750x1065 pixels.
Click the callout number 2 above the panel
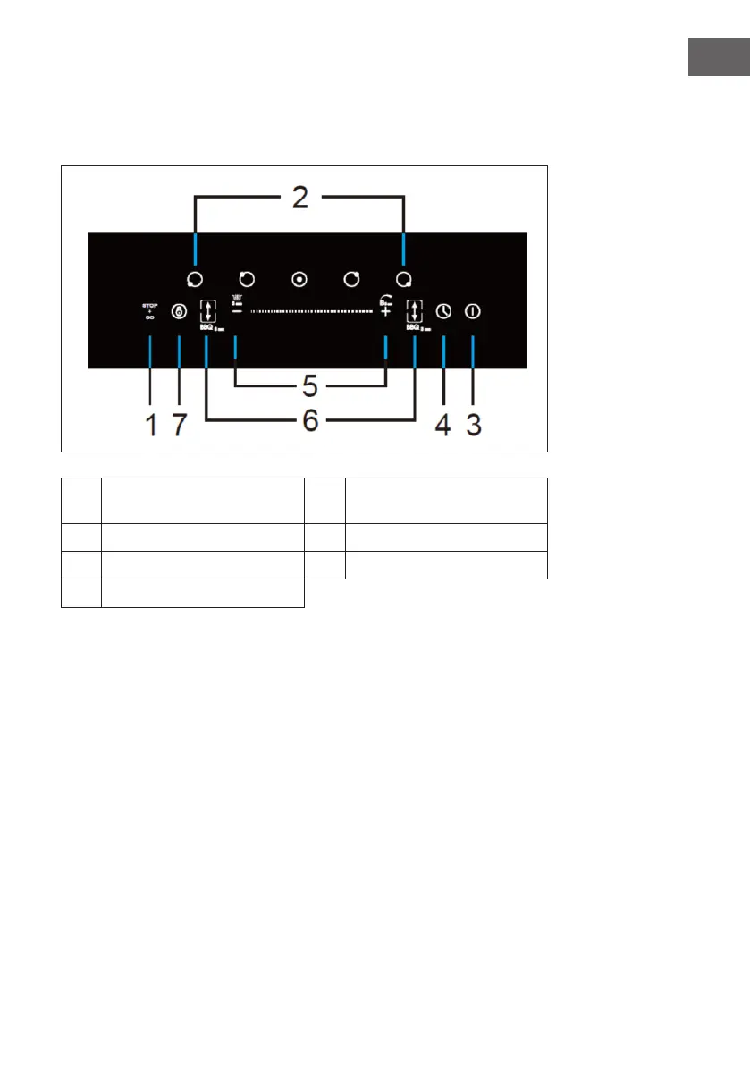coord(299,198)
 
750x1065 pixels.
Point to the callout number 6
coord(310,421)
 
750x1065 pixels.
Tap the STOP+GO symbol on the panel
coord(149,311)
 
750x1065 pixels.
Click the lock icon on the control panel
coord(179,312)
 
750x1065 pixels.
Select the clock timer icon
coord(443,311)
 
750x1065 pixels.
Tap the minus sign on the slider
coord(237,311)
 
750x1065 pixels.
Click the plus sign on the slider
coord(385,311)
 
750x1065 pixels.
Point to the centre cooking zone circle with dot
coord(299,278)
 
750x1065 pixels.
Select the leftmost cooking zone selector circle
coord(195,278)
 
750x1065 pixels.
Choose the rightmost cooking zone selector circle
coord(404,278)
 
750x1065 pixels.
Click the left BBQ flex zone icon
coord(207,312)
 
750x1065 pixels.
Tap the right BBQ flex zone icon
coord(415,312)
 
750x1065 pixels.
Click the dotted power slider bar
coord(310,311)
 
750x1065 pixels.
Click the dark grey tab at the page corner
coord(718,58)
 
